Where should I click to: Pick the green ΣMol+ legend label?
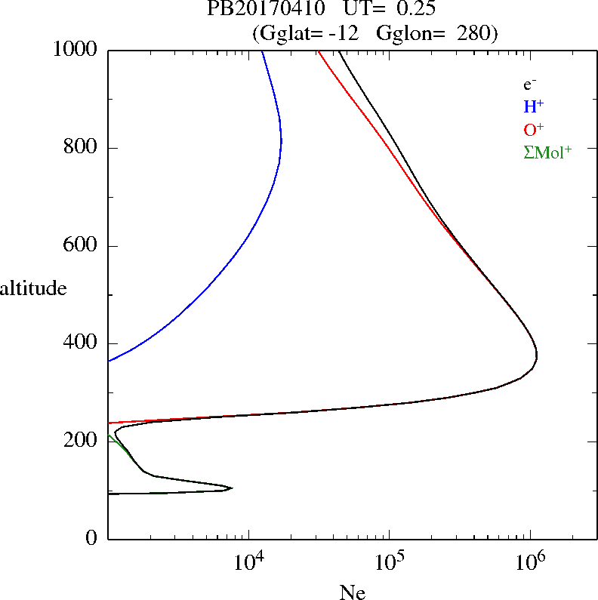547,152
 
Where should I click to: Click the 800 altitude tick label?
82,148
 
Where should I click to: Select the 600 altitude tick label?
82,246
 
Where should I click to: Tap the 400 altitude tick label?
82,343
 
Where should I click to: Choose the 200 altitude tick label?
82,441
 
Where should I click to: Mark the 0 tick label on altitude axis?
92,539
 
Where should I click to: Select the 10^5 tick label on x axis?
390,561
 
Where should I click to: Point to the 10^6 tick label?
530,561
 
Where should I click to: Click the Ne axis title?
353,592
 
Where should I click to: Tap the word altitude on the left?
33,288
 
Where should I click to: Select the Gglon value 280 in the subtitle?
476,33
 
